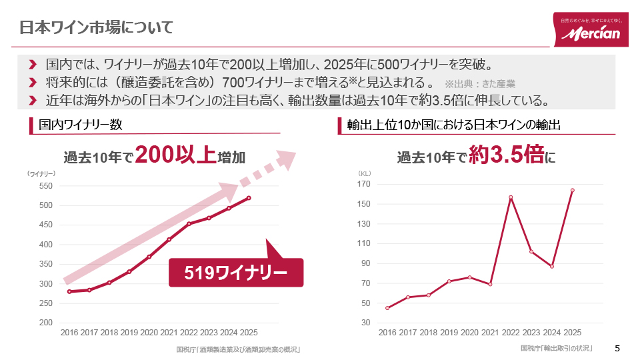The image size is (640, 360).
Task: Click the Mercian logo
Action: click(x=590, y=30)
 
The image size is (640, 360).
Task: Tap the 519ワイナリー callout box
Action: click(x=236, y=273)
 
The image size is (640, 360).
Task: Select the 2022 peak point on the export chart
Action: click(x=511, y=197)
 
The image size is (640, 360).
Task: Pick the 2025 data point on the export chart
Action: click(x=572, y=190)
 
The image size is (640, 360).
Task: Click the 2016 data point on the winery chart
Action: click(x=69, y=291)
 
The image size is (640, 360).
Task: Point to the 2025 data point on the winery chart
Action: click(x=249, y=198)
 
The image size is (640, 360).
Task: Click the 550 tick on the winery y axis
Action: click(x=45, y=186)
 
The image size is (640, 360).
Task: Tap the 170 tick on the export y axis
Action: click(x=363, y=184)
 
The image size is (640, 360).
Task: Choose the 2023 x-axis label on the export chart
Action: click(x=531, y=332)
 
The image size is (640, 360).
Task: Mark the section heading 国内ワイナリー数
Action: click(x=80, y=125)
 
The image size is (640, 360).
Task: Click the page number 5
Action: click(x=617, y=348)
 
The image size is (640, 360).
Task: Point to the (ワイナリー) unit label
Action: click(x=41, y=173)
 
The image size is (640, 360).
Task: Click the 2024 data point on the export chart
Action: click(x=552, y=266)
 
